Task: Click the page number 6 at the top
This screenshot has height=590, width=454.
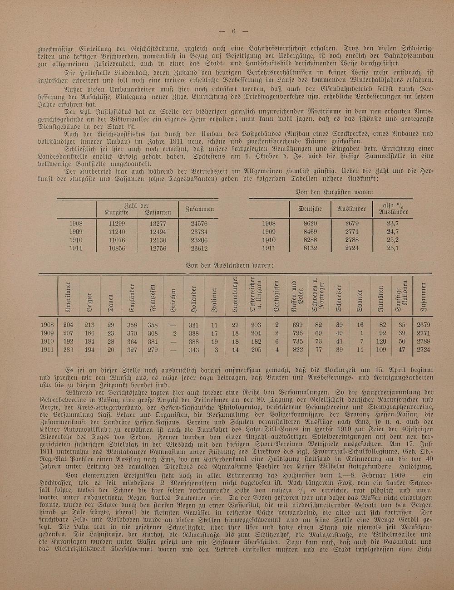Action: click(x=233, y=31)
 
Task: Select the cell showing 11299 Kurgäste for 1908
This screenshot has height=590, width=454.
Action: click(x=117, y=224)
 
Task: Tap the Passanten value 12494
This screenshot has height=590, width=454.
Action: click(x=158, y=232)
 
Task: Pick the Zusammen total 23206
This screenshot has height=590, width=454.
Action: click(x=199, y=240)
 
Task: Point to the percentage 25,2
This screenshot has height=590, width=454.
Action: click(x=393, y=240)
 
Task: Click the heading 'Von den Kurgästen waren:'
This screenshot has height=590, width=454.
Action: click(x=334, y=192)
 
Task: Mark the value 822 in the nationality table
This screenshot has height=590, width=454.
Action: click(x=298, y=350)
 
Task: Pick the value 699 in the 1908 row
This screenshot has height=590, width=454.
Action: click(x=298, y=325)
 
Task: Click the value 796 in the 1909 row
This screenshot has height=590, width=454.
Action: click(x=298, y=333)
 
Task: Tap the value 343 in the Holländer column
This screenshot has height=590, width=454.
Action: click(x=194, y=350)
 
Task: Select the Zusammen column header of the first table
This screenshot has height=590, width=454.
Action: click(x=199, y=209)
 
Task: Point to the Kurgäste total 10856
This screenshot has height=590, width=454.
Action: click(x=117, y=249)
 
